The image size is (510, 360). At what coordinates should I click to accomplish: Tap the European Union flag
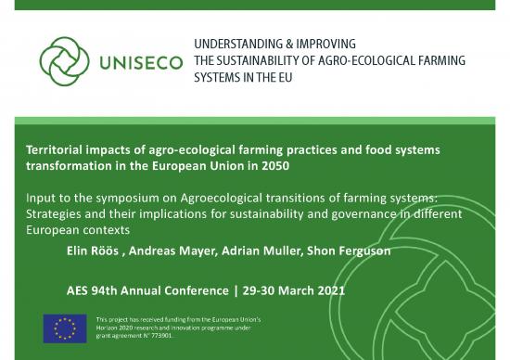(x=65, y=328)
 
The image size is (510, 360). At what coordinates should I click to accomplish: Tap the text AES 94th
(x=93, y=289)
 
